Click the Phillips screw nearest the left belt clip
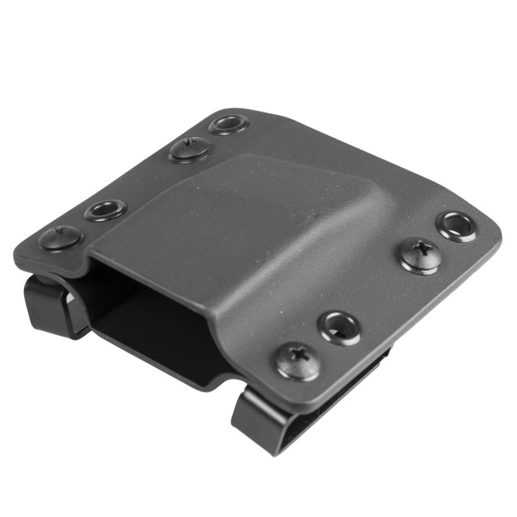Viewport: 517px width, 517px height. click(x=59, y=237)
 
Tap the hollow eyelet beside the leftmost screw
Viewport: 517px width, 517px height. click(x=105, y=209)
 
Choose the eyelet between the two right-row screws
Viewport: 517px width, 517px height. click(x=341, y=327)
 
